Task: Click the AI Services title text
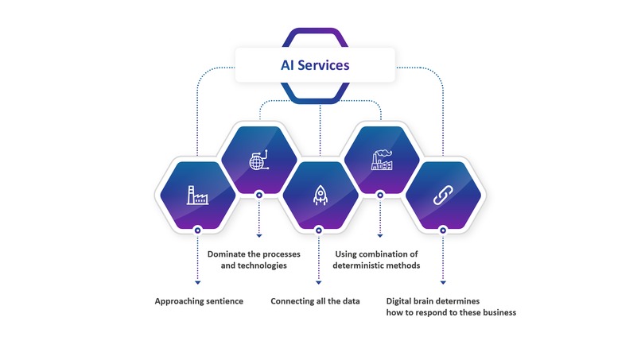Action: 315,65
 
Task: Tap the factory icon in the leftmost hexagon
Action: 197,195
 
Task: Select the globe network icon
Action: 258,160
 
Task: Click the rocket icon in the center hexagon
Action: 320,195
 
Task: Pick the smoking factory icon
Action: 382,160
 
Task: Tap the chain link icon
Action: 443,195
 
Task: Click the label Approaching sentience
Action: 199,301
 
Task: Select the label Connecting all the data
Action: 315,301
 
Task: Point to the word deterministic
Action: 357,265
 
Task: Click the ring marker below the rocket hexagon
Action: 319,230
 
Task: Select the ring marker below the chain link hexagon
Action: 443,230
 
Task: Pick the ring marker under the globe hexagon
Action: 258,195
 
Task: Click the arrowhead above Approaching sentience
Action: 197,282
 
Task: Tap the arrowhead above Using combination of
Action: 380,236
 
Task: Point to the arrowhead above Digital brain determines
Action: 443,282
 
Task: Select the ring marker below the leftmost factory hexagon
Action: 197,230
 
